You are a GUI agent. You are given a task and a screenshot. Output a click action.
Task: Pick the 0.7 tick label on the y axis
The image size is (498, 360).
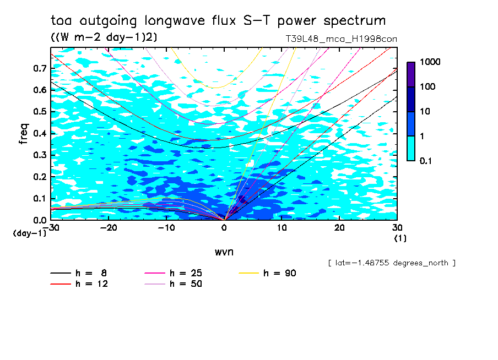[x=39, y=68]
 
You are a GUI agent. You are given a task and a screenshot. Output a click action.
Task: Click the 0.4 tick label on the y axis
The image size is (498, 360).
[x=39, y=134]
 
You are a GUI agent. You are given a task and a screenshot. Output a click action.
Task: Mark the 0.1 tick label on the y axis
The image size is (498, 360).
[x=39, y=199]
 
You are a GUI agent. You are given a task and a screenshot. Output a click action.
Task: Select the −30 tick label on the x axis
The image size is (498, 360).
[x=51, y=227]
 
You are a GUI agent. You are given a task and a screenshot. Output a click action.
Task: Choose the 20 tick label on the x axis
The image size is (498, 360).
[x=339, y=227]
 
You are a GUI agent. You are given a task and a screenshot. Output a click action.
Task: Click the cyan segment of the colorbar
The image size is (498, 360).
[x=411, y=148]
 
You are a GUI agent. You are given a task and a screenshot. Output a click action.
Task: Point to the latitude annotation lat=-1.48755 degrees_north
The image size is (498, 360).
[x=391, y=263]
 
